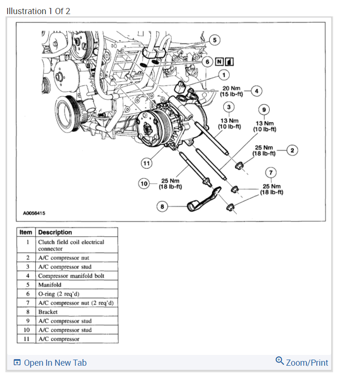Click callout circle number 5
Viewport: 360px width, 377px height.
pos(214,40)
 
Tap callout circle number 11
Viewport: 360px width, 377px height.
pos(147,163)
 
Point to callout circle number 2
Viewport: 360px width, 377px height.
pos(292,150)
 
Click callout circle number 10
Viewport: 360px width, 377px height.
pos(144,183)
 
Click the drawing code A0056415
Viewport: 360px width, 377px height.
pos(34,213)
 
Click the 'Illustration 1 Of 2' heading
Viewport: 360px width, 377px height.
pos(39,11)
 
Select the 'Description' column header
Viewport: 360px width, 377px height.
pos(55,232)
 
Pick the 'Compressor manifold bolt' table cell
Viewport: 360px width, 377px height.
pos(71,276)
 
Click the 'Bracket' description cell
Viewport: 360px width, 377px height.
pos(48,312)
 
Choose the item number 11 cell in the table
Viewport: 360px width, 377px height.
pos(27,338)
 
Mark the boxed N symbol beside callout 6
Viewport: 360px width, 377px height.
pos(219,62)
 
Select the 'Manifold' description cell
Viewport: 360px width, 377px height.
pos(50,285)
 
